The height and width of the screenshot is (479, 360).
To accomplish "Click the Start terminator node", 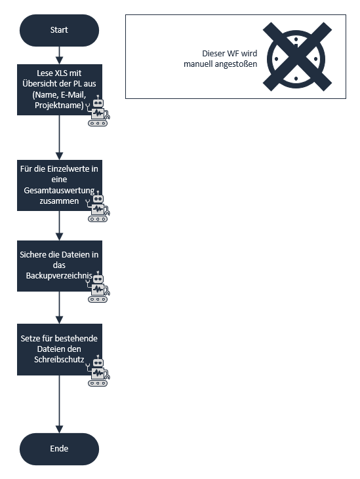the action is click(59, 30).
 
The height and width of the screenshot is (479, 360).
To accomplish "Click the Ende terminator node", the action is click(59, 449).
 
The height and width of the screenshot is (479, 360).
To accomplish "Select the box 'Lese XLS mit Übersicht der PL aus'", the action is click(60, 90).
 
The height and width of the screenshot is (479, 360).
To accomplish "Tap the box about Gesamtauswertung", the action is click(60, 185).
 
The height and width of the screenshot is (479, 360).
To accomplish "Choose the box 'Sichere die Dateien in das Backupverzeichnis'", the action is click(60, 266).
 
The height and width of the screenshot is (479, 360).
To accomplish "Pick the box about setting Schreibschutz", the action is click(60, 349).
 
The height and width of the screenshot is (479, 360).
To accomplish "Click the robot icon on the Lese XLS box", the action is click(98, 111).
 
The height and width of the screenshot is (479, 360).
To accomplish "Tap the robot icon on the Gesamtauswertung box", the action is click(98, 206).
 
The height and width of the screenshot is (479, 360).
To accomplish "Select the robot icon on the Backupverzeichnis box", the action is click(98, 286).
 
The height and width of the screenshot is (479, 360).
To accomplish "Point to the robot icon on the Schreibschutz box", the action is click(98, 370).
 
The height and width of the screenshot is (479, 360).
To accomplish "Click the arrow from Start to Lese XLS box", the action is click(59, 55).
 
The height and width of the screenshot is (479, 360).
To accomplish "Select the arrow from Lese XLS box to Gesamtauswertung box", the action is click(59, 138).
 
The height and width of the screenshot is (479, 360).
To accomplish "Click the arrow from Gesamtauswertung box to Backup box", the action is click(59, 225).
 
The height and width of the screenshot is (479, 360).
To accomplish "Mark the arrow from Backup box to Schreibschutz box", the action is click(59, 307).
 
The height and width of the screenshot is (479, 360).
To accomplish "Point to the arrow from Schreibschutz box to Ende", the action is click(59, 404).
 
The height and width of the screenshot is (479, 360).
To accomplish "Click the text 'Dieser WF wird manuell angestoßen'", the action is click(220, 59).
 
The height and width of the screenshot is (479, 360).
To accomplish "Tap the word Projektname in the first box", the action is click(59, 105).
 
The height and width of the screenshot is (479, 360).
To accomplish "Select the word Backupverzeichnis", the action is click(59, 276).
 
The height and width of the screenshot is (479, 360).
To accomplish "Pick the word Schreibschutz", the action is click(59, 359).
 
